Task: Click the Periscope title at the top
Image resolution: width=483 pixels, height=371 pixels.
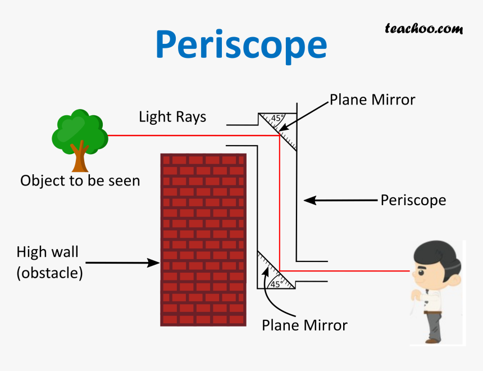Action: (241, 45)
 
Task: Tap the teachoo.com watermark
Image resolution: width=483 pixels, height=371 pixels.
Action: (423, 28)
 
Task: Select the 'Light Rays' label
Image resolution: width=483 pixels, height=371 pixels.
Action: (172, 117)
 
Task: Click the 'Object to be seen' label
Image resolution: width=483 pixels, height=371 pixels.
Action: (80, 181)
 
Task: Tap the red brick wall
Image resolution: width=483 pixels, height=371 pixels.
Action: (203, 239)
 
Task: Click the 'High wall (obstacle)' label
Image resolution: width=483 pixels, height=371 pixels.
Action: (49, 263)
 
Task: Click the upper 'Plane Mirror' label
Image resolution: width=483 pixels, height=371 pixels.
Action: (372, 100)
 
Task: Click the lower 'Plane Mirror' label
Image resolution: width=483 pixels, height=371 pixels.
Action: (304, 325)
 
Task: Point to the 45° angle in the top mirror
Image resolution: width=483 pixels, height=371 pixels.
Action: (276, 119)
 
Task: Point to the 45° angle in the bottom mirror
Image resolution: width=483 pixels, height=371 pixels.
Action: (276, 284)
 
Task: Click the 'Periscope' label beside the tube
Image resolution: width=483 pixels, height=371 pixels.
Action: (413, 200)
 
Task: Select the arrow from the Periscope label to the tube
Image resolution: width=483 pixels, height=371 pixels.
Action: (339, 200)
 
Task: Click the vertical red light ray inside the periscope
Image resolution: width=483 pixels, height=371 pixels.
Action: (280, 202)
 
